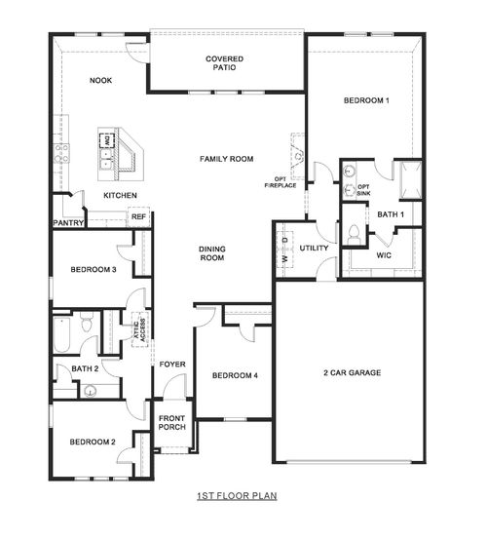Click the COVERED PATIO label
coord(225,65)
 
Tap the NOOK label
coord(100,81)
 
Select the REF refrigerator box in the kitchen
coord(138,217)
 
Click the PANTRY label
coord(67,223)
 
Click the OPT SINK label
coord(363,190)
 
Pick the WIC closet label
coord(383,255)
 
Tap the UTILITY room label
coord(314,249)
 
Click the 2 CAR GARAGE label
coord(352,372)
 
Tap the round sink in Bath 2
coord(90,392)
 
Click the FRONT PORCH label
coord(171,423)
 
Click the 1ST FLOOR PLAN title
coord(237,495)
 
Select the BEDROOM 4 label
coord(235,376)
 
